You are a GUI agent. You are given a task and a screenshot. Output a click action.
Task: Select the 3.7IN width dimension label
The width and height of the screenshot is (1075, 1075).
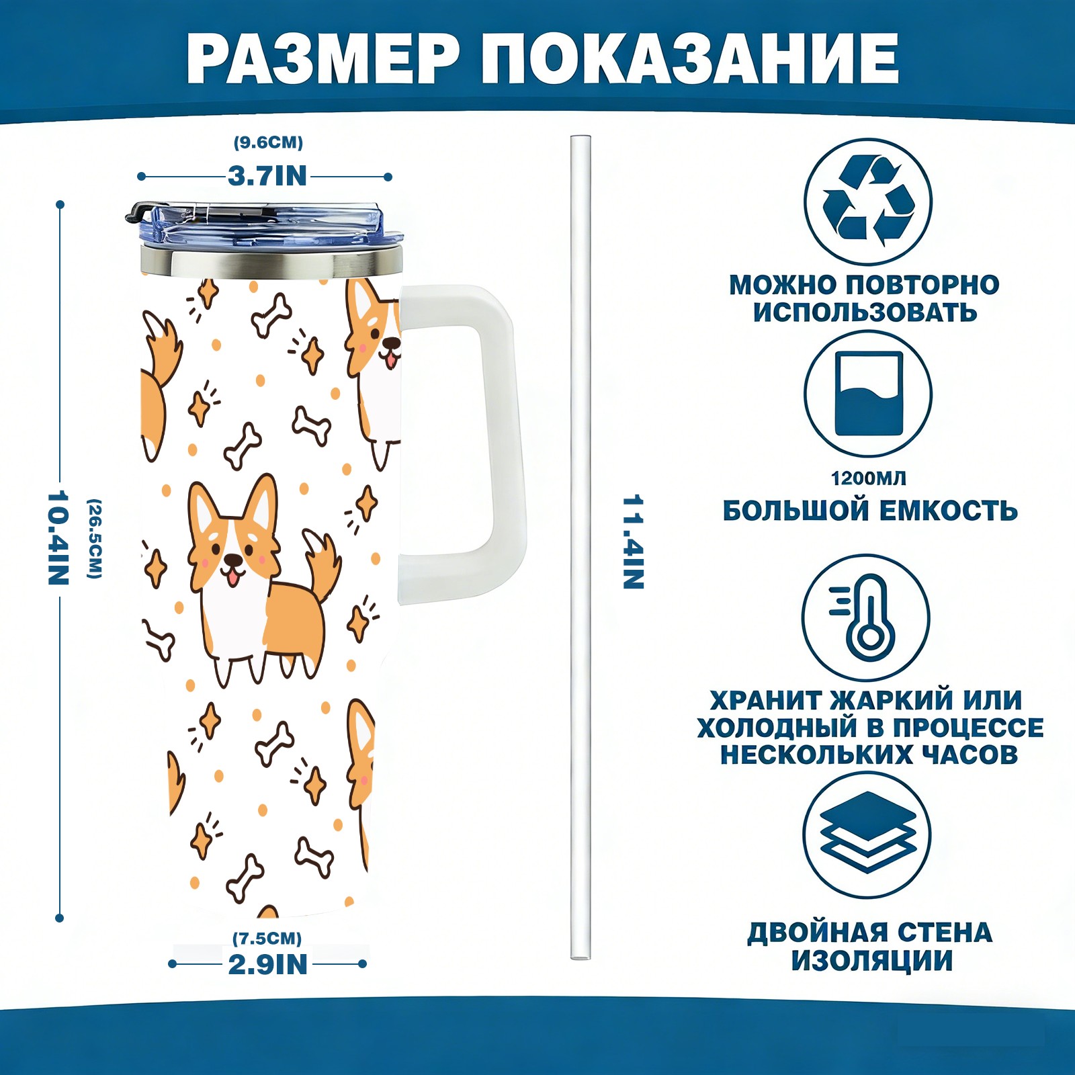[267, 176]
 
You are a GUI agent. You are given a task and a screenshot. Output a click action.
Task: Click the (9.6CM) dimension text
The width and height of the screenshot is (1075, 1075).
[268, 142]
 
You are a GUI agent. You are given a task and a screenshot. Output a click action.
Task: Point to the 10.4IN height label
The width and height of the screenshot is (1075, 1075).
[58, 537]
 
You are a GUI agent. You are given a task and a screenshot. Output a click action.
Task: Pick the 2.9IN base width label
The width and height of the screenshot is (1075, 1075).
[268, 964]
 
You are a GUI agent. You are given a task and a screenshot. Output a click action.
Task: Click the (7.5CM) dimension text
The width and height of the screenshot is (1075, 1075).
[267, 938]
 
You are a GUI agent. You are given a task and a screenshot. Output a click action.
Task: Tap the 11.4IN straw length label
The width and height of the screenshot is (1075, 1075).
[633, 542]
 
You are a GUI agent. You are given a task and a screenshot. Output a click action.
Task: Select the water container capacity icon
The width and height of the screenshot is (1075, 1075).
[868, 394]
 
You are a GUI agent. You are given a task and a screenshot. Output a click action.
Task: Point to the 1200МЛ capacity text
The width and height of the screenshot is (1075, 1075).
[868, 478]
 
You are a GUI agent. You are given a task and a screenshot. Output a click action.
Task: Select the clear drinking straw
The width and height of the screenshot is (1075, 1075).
[580, 547]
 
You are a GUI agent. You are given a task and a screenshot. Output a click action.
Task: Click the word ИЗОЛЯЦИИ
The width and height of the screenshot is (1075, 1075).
[871, 961]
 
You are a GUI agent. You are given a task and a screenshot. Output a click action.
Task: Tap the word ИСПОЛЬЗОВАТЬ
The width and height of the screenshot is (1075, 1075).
[865, 312]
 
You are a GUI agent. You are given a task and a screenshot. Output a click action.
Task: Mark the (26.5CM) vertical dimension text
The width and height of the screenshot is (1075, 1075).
[95, 538]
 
